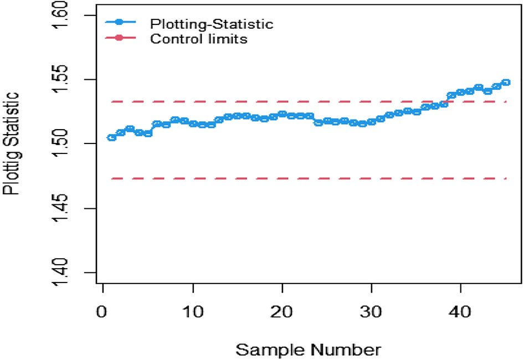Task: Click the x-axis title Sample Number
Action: [x=309, y=350]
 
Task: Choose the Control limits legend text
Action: [x=198, y=39]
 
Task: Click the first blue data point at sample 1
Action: [x=111, y=137]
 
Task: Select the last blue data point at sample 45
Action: [x=506, y=83]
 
